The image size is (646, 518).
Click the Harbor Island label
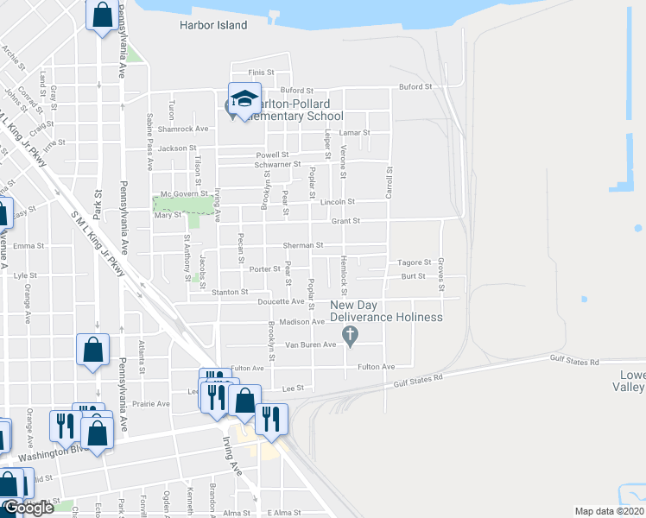[212, 26]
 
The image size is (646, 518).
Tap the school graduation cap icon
[244, 98]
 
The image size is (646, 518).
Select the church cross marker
[350, 335]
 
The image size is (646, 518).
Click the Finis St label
[261, 73]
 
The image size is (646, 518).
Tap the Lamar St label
[354, 133]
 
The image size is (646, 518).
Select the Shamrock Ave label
[189, 129]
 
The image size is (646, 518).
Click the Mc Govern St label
[179, 193]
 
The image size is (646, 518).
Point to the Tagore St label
[414, 262]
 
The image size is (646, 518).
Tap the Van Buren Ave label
[310, 344]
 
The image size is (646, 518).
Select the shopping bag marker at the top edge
[102, 16]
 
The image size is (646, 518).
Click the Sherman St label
[304, 245]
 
